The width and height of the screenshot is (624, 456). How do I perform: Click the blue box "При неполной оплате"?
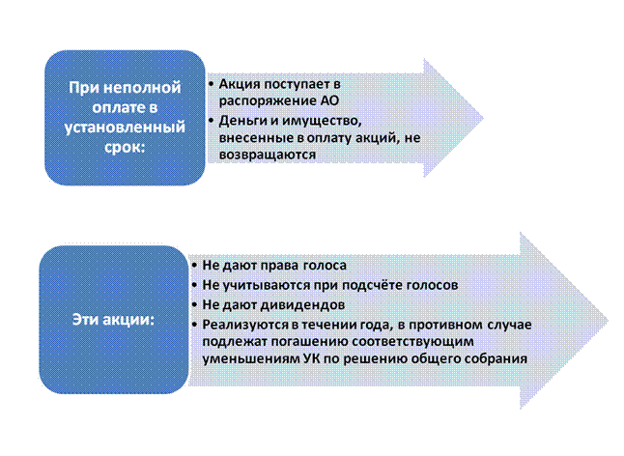(126, 107)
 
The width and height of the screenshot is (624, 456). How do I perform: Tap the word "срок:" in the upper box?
(126, 146)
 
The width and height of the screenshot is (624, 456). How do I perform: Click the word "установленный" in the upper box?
(126, 127)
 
